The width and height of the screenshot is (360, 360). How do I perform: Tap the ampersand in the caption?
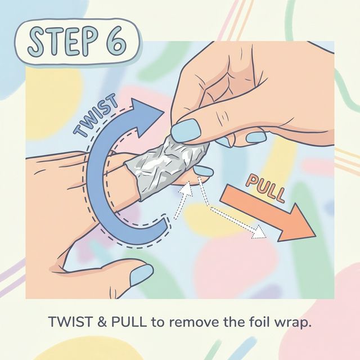[x=103, y=324]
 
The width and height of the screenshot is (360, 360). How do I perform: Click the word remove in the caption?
[x=188, y=324]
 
